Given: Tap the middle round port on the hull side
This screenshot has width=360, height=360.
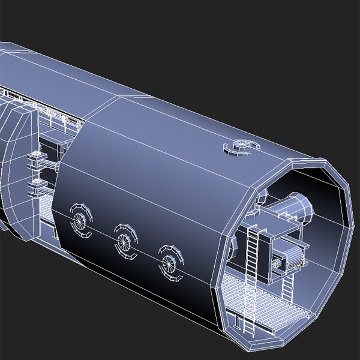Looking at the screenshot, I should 124,241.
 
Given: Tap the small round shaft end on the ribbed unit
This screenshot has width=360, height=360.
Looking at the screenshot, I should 277,263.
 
